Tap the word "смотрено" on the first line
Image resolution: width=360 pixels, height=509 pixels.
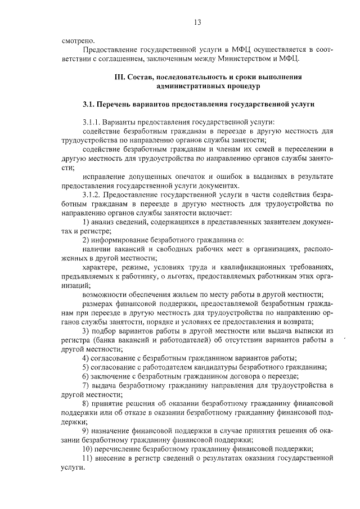(x=79, y=40)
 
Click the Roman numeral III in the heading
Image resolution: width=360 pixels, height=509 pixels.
(x=119, y=77)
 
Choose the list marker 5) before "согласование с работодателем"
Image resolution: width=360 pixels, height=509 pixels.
(x=85, y=366)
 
